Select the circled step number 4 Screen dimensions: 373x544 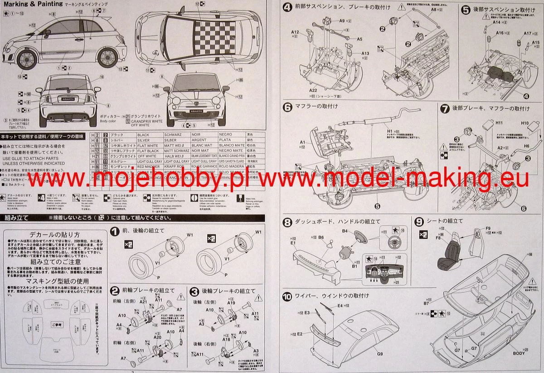point(287,7)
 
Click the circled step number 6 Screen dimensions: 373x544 point(287,108)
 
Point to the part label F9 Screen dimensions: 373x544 point(488,228)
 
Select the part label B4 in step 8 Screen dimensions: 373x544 point(345,231)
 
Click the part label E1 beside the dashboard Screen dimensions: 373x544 point(293,243)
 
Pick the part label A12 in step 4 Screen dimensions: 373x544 point(295,32)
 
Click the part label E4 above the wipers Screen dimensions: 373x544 point(340,306)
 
